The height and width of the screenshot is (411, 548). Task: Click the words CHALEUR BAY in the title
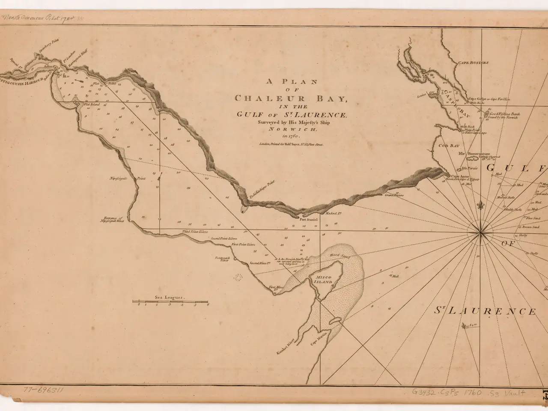coord(290,98)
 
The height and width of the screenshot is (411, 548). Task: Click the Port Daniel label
coord(307,220)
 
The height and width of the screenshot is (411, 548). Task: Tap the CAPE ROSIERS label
coord(473,63)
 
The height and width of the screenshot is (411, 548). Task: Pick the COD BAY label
coord(448,146)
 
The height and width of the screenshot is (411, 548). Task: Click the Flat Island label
coord(92,104)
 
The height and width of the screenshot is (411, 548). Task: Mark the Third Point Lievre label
coord(195,231)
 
